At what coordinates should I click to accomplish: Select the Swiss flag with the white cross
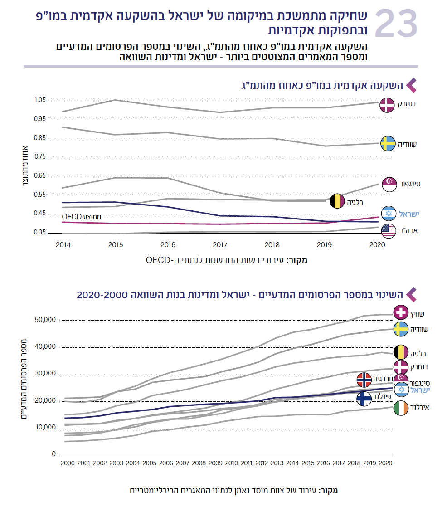(x=401, y=313)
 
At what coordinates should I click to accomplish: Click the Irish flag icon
(x=401, y=408)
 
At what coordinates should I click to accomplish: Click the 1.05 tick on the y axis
(x=40, y=100)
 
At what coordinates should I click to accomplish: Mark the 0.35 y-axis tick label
(x=40, y=233)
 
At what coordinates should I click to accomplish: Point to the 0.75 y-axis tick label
(x=40, y=156)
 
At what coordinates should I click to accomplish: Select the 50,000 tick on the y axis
(x=45, y=320)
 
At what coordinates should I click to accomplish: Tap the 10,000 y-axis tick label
(x=45, y=428)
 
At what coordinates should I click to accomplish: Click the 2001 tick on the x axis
(x=83, y=463)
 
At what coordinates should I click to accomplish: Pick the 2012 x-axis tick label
(x=262, y=463)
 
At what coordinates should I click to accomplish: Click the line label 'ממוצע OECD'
(x=82, y=217)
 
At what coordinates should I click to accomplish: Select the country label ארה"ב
(x=409, y=230)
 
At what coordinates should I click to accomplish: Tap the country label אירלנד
(x=420, y=408)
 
